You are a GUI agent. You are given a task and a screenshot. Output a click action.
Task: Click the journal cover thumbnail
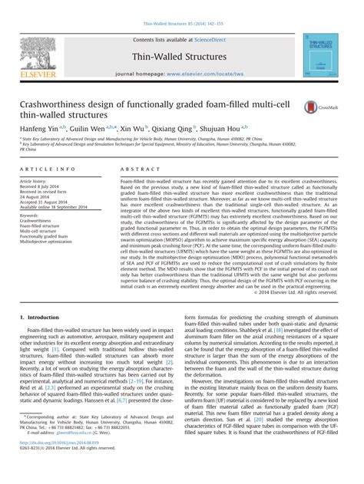point(323,54)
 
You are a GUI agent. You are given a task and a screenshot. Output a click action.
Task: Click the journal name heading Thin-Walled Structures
point(180,56)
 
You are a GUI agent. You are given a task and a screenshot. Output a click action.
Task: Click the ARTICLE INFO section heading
point(50,167)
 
